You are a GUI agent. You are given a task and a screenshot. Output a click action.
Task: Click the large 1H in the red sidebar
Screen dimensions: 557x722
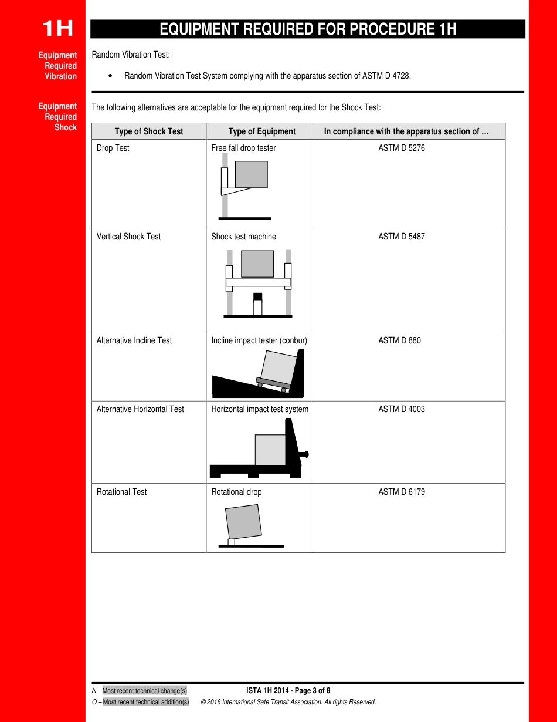coord(57,28)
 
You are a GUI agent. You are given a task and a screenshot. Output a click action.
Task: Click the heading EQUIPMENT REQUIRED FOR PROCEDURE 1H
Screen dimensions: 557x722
coord(308,29)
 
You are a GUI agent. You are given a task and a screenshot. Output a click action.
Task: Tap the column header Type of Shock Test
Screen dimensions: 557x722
coord(149,131)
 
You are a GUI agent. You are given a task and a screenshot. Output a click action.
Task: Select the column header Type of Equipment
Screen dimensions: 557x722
coord(261,131)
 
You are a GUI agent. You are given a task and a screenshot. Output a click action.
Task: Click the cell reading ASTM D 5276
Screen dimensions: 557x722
coord(402,148)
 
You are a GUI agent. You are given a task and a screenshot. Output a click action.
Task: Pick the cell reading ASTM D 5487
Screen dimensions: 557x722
coord(402,237)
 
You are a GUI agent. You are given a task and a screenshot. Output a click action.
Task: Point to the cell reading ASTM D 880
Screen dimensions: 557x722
coord(399,340)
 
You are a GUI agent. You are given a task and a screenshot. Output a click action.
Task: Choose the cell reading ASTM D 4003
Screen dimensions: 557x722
coord(402,409)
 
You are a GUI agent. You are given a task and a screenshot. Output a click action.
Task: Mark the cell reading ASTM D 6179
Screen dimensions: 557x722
coord(402,492)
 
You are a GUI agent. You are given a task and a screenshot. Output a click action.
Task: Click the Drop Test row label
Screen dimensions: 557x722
coord(113,148)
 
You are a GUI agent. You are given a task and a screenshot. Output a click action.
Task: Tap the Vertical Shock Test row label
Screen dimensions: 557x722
coord(128,237)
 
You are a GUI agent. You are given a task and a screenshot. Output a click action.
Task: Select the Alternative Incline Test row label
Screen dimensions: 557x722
coord(134,340)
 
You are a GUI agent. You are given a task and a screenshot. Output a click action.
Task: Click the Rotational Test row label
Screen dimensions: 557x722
coord(121,492)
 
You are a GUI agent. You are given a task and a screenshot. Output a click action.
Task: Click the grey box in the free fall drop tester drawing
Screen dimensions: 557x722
coord(251,174)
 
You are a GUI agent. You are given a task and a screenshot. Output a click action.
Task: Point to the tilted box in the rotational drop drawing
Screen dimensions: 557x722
coord(244,521)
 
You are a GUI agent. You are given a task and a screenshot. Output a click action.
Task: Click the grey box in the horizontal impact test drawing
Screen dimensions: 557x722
coord(270,450)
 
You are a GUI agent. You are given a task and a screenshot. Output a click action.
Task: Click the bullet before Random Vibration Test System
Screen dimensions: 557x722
coord(111,76)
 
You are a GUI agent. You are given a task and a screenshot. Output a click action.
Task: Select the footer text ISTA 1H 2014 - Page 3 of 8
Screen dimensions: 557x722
coord(288,690)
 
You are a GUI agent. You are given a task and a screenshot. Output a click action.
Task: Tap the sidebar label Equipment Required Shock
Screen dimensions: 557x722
coord(58,117)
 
